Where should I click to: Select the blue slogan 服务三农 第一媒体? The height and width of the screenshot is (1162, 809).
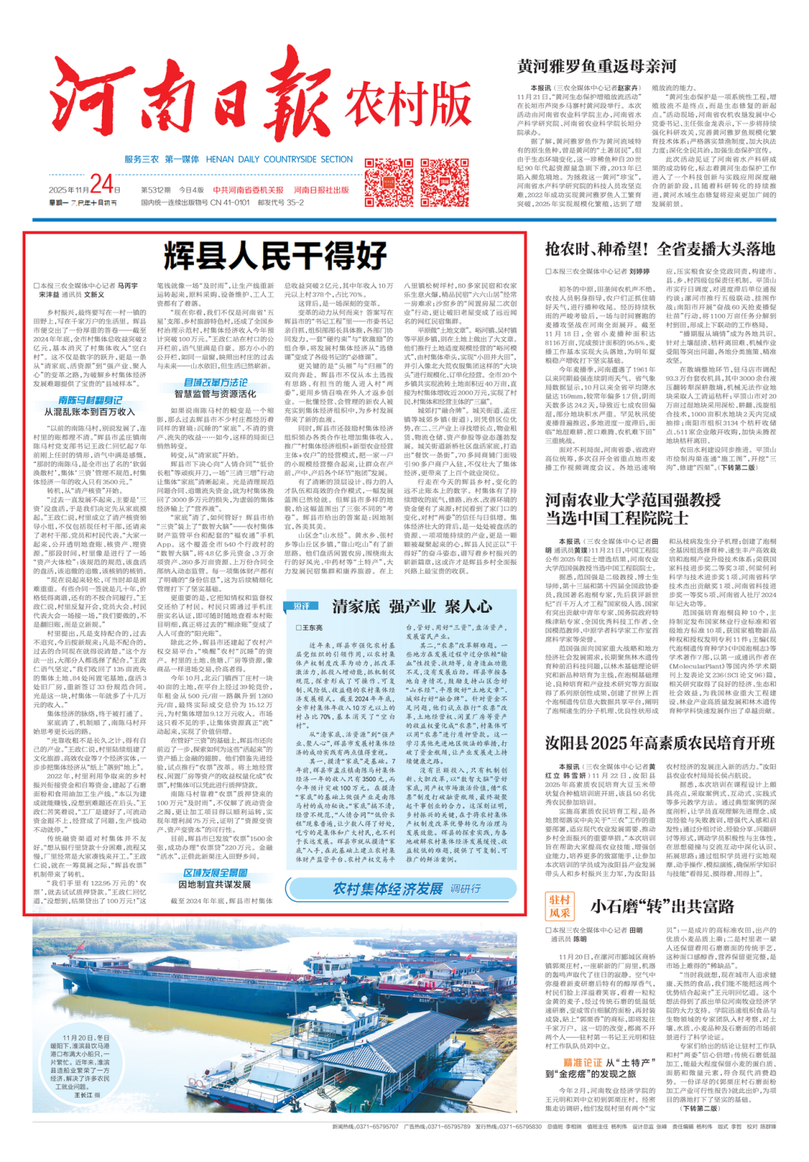[x=161, y=160]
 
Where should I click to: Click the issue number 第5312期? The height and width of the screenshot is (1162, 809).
[x=156, y=190]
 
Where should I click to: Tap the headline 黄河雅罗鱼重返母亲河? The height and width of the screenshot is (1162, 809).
[x=596, y=67]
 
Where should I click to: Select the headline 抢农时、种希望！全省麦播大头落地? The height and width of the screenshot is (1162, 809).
[x=660, y=249]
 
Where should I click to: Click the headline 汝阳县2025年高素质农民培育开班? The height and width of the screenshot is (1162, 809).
[x=660, y=743]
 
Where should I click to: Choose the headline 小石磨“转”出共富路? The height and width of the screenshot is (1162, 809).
[x=662, y=907]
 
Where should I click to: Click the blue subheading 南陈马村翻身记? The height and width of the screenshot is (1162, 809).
[x=90, y=400]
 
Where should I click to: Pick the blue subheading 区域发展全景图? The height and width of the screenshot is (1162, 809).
[x=215, y=873]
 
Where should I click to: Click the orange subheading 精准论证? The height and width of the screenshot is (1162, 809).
[x=582, y=1062]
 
